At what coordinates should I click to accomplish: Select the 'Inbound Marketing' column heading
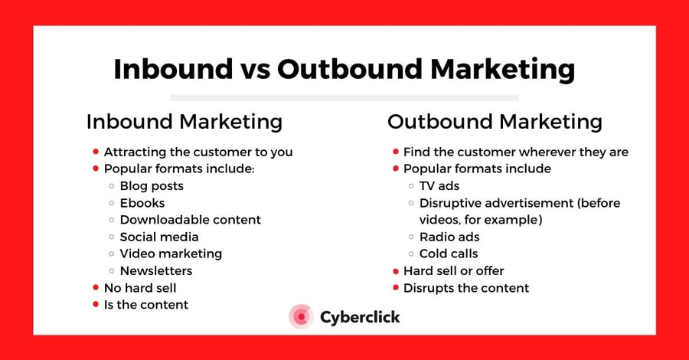(x=184, y=121)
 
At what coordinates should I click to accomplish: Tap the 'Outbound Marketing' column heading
(x=495, y=121)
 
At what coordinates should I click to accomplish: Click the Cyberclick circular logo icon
(x=301, y=316)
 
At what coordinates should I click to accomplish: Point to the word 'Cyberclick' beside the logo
(x=359, y=316)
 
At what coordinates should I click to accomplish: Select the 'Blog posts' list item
(x=152, y=185)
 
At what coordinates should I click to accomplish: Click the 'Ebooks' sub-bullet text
(x=142, y=203)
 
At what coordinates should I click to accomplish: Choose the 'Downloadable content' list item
(x=190, y=220)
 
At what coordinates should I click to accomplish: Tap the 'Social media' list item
(x=159, y=237)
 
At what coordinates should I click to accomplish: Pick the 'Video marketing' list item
(x=171, y=254)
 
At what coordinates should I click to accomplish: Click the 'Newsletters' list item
(x=156, y=270)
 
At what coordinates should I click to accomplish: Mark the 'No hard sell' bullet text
(x=140, y=288)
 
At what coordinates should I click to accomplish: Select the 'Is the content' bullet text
(x=146, y=305)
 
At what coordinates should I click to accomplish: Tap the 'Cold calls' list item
(x=449, y=254)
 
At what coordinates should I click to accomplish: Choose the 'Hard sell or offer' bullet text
(x=454, y=270)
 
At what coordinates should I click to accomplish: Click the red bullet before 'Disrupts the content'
(x=396, y=288)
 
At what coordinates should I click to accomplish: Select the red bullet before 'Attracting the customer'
(x=96, y=152)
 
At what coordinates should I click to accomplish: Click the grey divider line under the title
(x=344, y=97)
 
